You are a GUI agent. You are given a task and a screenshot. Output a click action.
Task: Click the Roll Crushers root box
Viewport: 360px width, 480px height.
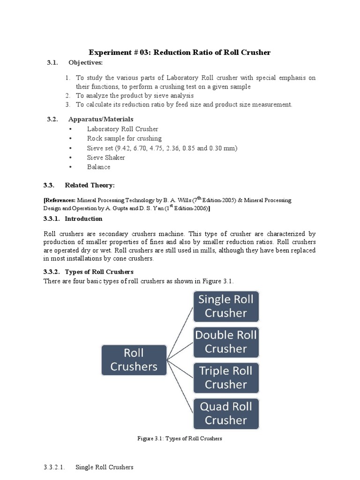point(134,360)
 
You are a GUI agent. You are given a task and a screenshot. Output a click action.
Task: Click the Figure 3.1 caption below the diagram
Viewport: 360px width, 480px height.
point(180,439)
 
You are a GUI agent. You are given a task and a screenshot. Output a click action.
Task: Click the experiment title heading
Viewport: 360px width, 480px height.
point(180,52)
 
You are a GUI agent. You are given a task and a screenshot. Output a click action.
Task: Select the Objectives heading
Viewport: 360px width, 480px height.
point(85,63)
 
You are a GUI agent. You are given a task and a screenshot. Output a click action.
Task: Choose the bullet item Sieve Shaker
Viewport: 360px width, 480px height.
point(106,157)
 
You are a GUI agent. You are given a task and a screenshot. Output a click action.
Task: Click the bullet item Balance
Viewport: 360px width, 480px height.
point(98,167)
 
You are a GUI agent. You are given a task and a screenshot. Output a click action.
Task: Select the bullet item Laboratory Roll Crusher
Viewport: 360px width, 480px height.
point(122,129)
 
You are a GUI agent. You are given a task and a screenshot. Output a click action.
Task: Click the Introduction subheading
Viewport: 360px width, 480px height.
point(83,219)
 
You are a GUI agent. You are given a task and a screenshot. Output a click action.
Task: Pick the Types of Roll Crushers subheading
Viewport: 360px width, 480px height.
point(99,272)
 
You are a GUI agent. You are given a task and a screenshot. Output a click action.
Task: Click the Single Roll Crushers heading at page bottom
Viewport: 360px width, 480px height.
point(105,467)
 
